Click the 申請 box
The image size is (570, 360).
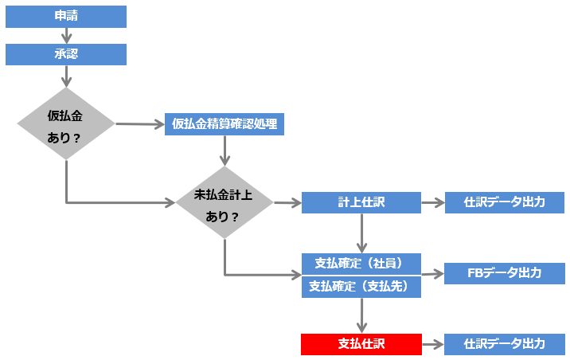[66, 17]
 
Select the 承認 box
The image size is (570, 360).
[66, 54]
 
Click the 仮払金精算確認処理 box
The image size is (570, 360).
[224, 123]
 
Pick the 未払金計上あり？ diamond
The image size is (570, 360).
[224, 203]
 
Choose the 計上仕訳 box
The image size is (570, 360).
[361, 202]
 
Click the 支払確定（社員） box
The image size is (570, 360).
[361, 263]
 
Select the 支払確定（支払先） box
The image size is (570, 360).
[361, 286]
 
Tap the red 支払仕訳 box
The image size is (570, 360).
[361, 344]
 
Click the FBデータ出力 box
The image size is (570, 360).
[504, 273]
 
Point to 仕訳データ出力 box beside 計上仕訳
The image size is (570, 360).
[504, 202]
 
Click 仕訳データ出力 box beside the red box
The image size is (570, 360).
[504, 344]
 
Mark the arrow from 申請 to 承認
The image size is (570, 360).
[66, 35]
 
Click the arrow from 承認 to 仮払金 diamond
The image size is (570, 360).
[66, 76]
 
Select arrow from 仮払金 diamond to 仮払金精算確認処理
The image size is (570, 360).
[139, 124]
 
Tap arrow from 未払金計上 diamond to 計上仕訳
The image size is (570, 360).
[287, 203]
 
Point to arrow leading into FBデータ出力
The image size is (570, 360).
[432, 274]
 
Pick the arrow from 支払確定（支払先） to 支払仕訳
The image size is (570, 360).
[361, 315]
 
